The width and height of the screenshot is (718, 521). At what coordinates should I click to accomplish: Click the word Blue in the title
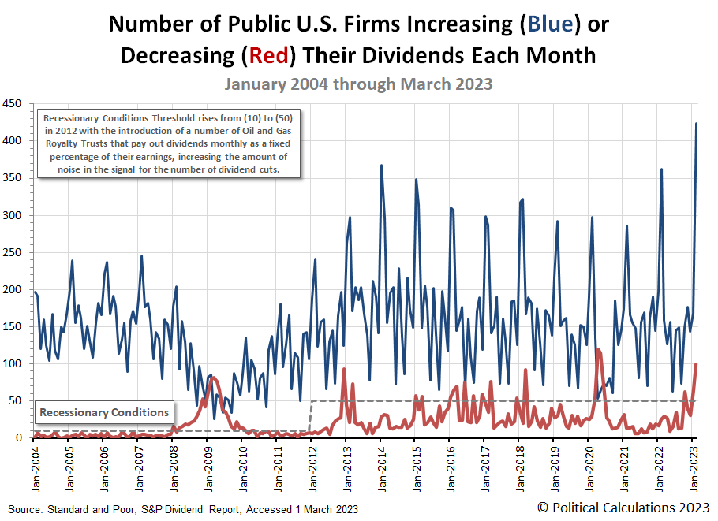[551, 24]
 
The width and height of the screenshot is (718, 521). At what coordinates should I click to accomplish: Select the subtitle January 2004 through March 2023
[358, 84]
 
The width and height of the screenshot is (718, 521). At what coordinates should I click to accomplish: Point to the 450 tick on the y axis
[12, 103]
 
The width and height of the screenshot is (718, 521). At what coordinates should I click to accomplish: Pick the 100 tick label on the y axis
[12, 363]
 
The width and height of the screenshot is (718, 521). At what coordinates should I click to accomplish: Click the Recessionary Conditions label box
[104, 412]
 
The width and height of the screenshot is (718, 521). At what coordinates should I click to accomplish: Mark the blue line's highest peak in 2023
[696, 124]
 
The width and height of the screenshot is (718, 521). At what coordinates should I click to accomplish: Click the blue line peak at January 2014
[381, 166]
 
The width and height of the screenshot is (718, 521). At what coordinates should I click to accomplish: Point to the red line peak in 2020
[598, 349]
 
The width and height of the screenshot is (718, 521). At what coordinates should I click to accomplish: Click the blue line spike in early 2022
[661, 169]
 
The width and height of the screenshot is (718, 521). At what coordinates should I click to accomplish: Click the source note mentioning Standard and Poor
[183, 508]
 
